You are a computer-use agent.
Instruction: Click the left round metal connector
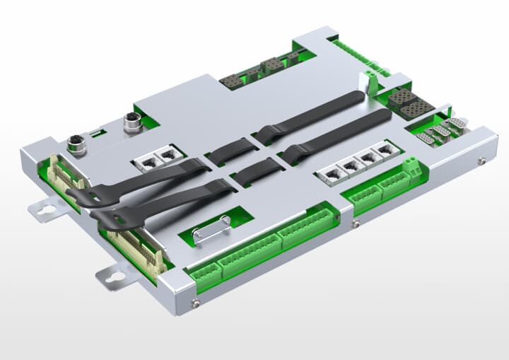click(76, 146)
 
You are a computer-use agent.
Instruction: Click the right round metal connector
click(132, 120)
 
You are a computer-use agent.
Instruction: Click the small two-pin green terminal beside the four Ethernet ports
click(411, 167)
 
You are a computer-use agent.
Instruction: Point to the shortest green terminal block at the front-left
click(202, 274)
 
